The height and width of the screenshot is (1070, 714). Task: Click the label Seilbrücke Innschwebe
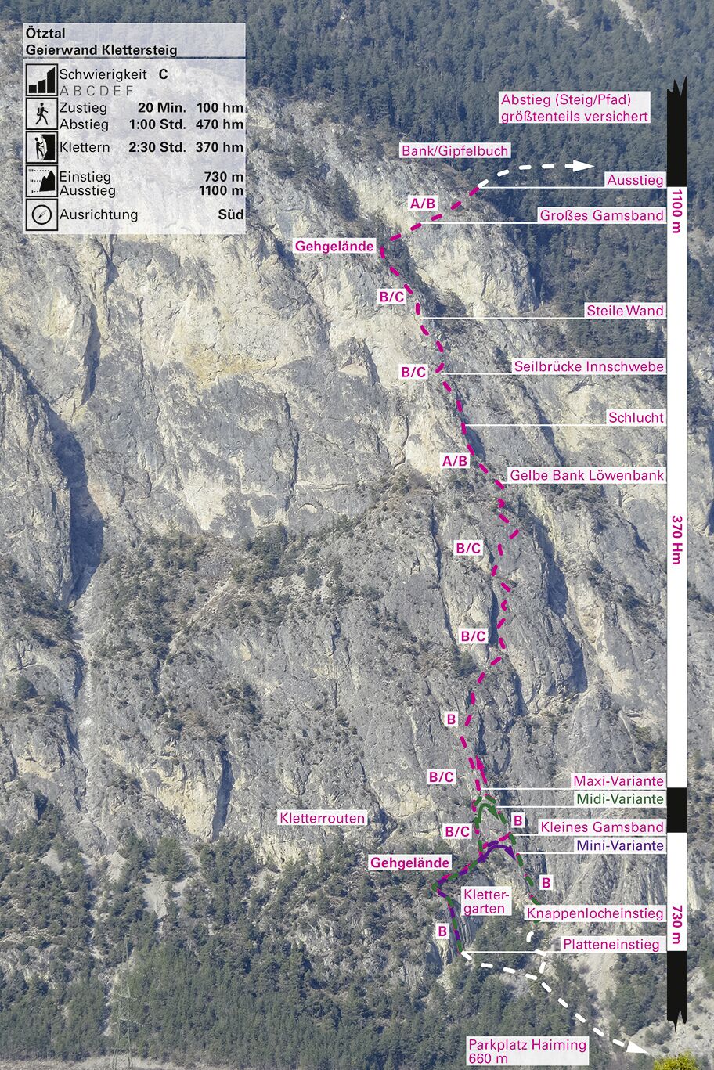tap(589, 366)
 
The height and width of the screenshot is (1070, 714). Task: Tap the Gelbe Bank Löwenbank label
tap(586, 475)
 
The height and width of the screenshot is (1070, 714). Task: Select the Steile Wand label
tap(625, 311)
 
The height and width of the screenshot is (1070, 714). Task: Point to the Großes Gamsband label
tap(601, 215)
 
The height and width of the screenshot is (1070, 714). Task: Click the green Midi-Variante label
tap(619, 799)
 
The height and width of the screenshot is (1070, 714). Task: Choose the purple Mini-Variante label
tap(619, 845)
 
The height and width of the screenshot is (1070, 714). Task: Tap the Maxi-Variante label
tap(618, 780)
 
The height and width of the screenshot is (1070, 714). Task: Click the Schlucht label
tap(636, 418)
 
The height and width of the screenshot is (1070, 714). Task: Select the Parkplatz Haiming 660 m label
tap(527, 1051)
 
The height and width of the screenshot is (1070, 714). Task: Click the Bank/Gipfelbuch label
tap(455, 150)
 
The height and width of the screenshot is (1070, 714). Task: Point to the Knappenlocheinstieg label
tap(595, 913)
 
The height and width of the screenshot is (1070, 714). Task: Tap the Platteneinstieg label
tap(611, 945)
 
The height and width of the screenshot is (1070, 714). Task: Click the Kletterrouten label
tap(322, 818)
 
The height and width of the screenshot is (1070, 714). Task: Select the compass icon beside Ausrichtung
tap(41, 214)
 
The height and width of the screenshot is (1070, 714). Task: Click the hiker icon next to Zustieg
tap(41, 115)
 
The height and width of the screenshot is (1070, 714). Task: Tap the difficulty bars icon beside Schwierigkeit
tap(41, 80)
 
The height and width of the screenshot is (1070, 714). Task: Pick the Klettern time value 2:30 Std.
tap(157, 147)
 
